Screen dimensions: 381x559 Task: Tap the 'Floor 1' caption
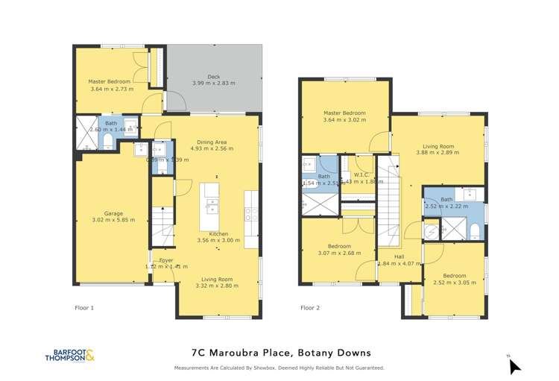click(x=84, y=307)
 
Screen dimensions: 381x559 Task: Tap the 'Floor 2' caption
click(x=309, y=307)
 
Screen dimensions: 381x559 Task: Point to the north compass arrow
click(x=514, y=365)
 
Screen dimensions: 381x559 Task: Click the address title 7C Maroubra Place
click(x=279, y=353)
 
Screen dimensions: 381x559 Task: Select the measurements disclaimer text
click(x=279, y=368)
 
